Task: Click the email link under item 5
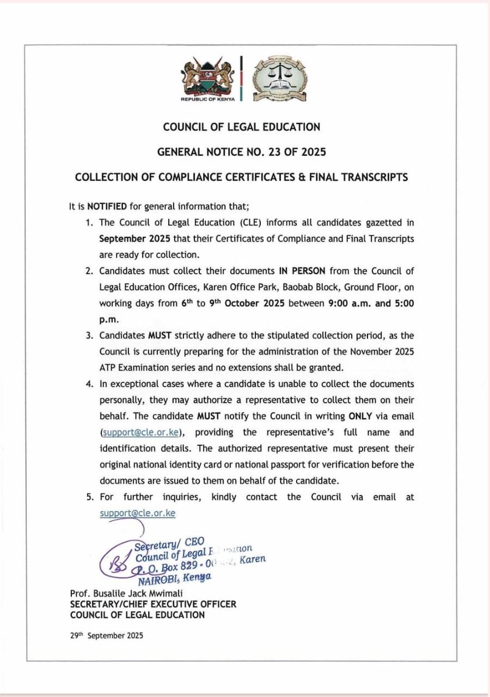pyautogui.click(x=137, y=513)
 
